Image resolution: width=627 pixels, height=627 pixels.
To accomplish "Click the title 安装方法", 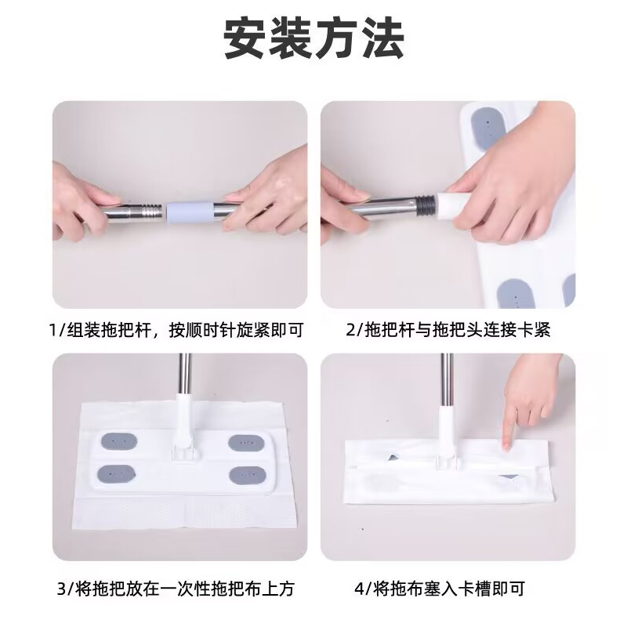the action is point(314,38).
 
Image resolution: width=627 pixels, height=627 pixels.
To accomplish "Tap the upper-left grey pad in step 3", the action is point(119,441).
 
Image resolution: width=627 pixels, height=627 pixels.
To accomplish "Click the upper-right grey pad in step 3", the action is point(246,443).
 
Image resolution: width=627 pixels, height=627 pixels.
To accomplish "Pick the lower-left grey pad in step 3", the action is point(116,474).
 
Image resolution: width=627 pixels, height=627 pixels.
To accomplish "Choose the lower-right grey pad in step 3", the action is point(248,475).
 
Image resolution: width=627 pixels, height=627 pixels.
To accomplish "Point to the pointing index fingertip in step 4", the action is point(506,445).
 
